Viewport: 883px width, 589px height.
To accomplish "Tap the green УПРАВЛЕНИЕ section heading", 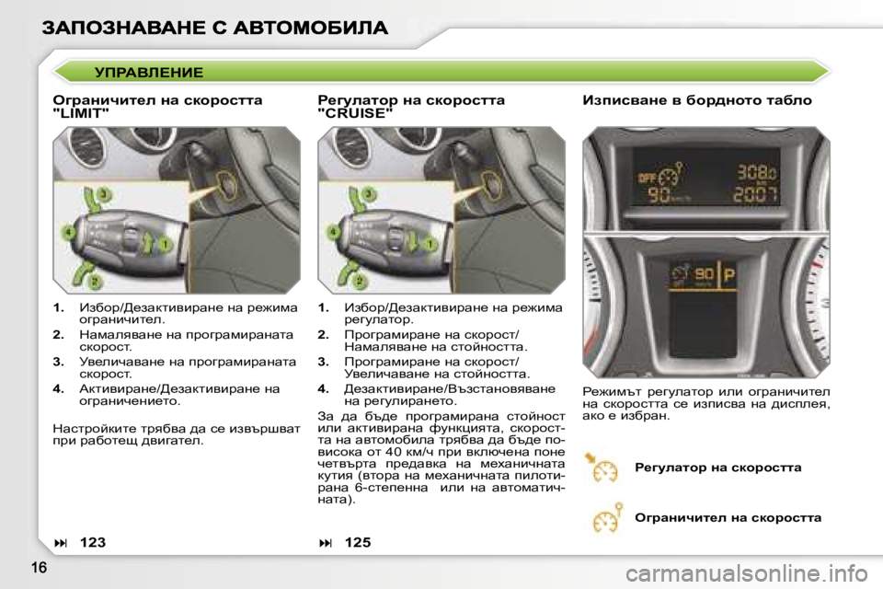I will pos(149,72).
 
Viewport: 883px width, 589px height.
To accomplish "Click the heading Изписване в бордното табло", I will pos(697,99).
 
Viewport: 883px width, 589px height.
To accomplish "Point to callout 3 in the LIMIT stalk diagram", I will pos(104,193).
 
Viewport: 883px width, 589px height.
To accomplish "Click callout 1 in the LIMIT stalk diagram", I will pos(166,244).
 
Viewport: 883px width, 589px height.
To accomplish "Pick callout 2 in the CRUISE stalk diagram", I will pos(360,279).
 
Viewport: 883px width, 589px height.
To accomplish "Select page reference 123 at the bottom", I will pos(92,543).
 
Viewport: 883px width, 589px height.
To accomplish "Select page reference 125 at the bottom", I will pos(358,543).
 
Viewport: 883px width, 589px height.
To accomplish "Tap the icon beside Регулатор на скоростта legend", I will pos(602,468).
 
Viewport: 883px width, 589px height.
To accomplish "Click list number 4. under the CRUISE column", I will pos(323,389).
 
